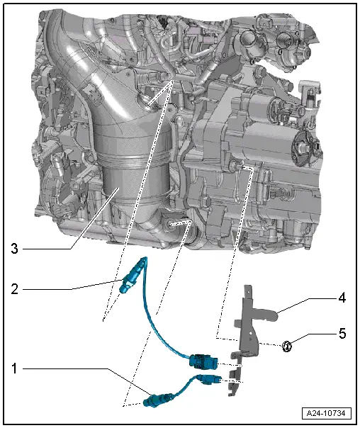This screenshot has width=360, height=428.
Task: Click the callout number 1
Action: [x=15, y=369]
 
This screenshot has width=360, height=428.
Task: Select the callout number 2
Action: [x=15, y=288]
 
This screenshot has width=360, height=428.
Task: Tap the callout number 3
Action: [x=15, y=248]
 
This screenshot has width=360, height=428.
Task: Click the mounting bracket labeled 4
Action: [x=248, y=319]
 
